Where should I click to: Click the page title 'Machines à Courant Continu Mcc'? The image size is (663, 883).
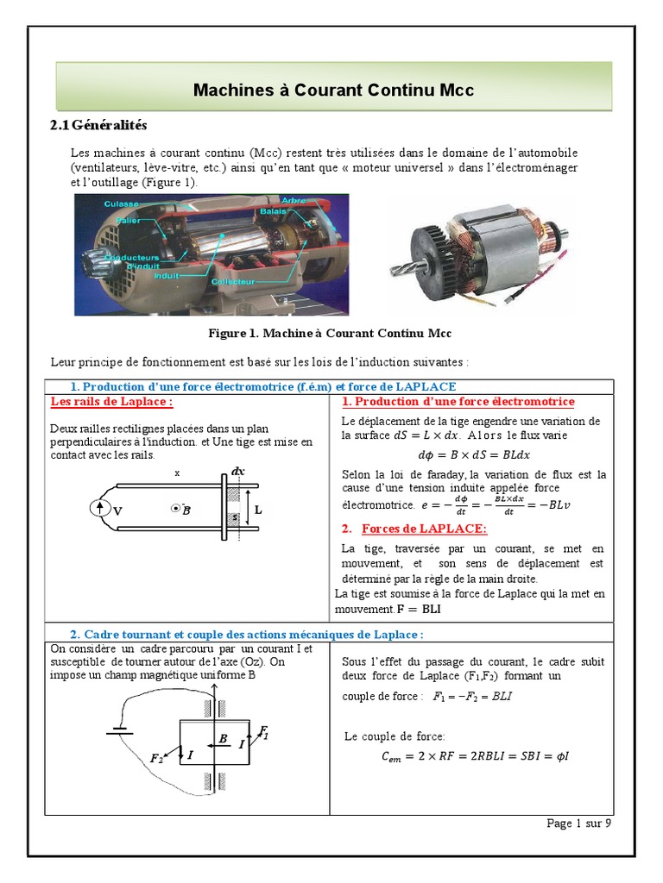pos(333,90)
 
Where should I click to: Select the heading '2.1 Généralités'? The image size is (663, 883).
pos(99,125)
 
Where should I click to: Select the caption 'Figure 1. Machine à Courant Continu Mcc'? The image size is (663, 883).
pos(331,333)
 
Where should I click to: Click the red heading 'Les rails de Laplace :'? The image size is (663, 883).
pos(111,402)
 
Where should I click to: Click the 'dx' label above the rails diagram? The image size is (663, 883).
pos(238,472)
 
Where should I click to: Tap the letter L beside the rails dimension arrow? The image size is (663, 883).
pos(257,510)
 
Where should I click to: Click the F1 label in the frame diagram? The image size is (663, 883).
pos(264,733)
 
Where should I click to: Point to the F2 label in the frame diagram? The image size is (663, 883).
pos(157,759)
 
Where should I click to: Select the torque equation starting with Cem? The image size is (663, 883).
pos(475,757)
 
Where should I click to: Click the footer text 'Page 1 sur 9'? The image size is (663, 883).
pos(578,824)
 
